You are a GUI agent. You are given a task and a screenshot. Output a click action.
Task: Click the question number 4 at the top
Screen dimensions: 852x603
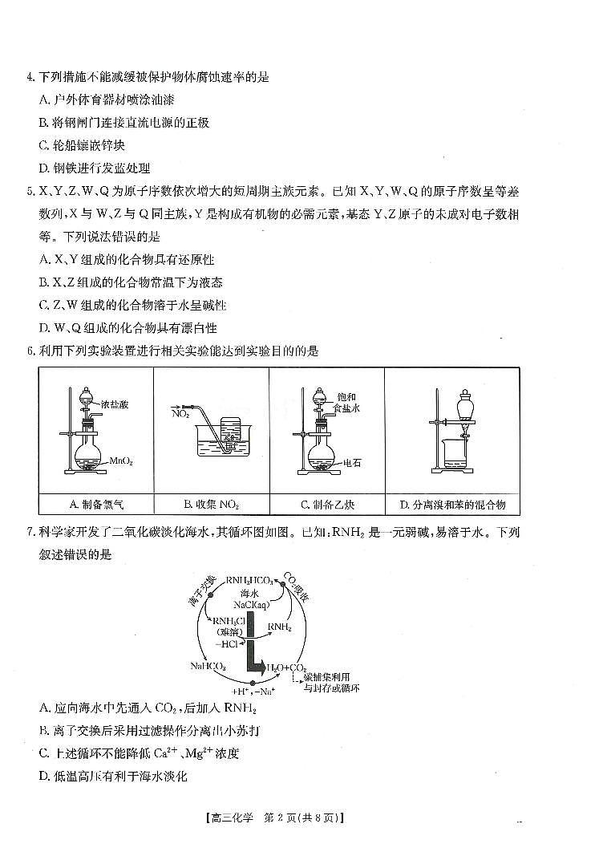point(30,78)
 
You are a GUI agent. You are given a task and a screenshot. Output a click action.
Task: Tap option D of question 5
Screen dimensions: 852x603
point(127,327)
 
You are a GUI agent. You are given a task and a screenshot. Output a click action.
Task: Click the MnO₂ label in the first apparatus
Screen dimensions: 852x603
point(121,460)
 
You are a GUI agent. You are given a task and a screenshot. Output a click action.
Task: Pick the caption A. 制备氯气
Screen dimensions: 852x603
point(96,504)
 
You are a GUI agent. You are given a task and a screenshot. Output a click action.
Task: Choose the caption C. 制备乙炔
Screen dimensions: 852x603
point(327,504)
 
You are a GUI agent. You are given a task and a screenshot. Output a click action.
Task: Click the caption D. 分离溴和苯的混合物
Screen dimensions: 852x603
point(453,504)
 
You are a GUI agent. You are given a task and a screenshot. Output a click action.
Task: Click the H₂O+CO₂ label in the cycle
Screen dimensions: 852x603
point(288,667)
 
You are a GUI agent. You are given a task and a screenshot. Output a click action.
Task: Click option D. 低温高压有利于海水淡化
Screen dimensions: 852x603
point(112,776)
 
